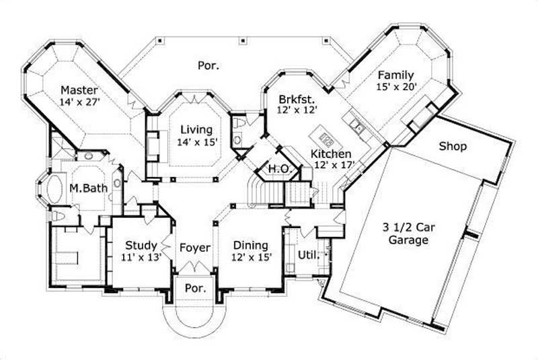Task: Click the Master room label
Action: click(79, 90)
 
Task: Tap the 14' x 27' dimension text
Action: click(79, 103)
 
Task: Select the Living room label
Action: click(196, 129)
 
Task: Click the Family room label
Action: click(395, 74)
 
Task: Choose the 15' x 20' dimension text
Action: click(397, 86)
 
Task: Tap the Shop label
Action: click(453, 145)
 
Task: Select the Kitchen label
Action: click(330, 153)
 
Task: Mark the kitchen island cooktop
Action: click(328, 139)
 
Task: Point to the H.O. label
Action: click(278, 168)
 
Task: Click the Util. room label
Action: click(307, 255)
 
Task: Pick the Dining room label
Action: click(250, 245)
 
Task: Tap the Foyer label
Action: click(195, 248)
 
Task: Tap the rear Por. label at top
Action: click(208, 65)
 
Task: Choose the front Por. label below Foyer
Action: click(194, 287)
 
